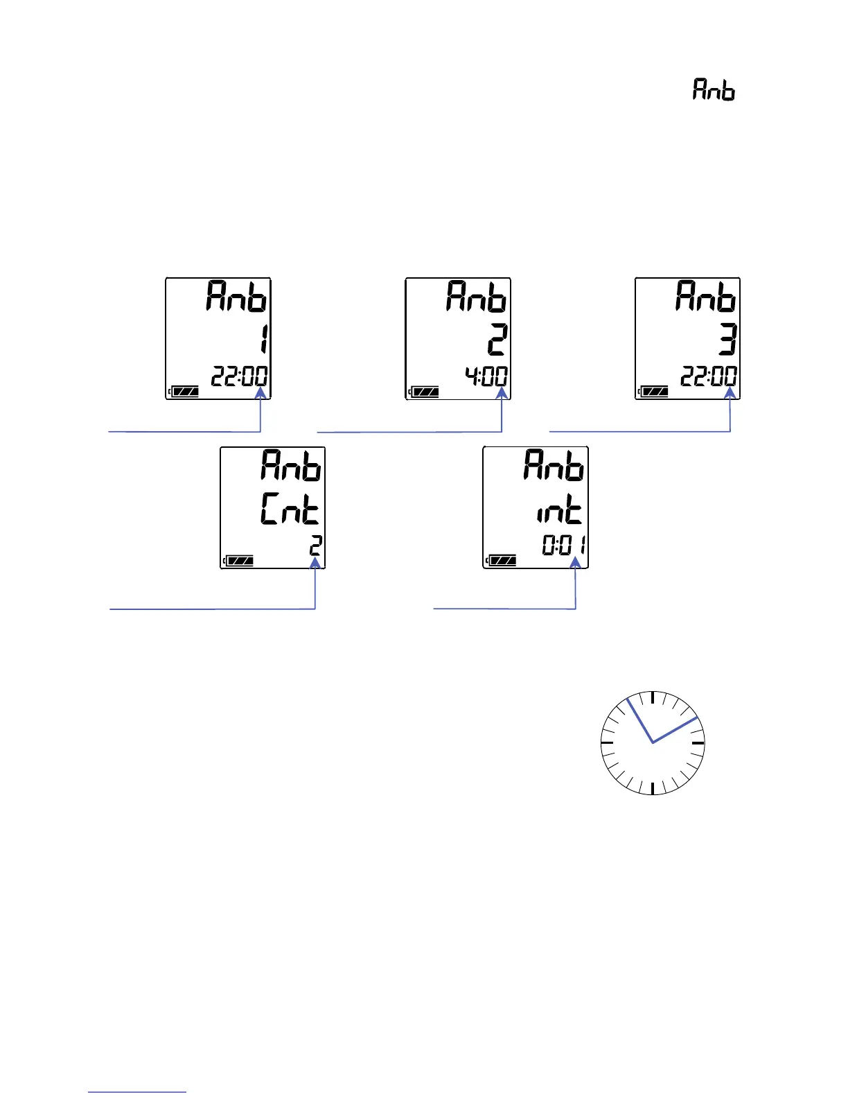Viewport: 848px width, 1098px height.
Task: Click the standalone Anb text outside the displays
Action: click(x=714, y=90)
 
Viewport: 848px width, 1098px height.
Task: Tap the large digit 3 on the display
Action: click(x=726, y=340)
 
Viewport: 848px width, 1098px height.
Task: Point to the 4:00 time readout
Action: click(x=486, y=377)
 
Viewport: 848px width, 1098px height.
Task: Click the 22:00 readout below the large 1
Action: click(x=240, y=377)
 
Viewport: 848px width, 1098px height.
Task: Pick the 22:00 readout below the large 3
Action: click(x=709, y=377)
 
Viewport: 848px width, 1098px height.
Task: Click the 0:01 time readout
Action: click(x=564, y=546)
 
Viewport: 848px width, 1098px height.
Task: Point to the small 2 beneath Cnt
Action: click(x=315, y=546)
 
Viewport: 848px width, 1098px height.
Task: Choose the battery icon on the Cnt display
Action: click(x=239, y=560)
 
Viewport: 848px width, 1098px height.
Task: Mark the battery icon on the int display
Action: click(x=502, y=560)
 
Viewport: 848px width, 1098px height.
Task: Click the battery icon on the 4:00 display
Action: click(x=424, y=392)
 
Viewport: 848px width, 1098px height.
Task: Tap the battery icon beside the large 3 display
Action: click(x=653, y=392)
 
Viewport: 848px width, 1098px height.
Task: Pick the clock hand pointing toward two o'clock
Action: click(x=675, y=730)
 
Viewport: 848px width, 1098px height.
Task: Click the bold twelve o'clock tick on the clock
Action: click(x=653, y=697)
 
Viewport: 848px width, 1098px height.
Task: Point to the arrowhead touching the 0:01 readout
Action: click(x=575, y=564)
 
